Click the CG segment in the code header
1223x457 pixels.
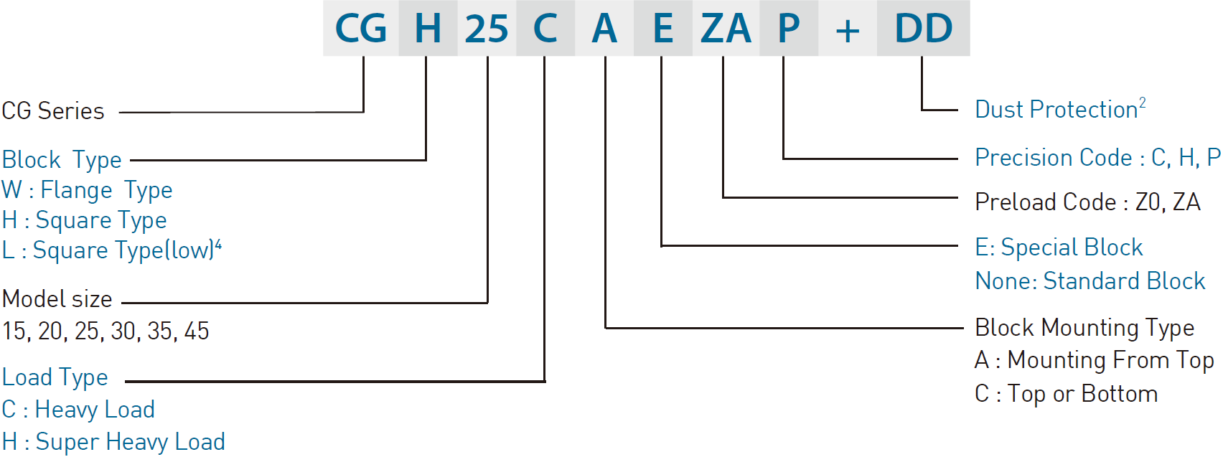pyautogui.click(x=361, y=29)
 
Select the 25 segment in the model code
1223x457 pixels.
pyautogui.click(x=487, y=29)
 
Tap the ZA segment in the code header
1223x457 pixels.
pyautogui.click(x=726, y=29)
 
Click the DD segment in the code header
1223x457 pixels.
pyautogui.click(x=924, y=29)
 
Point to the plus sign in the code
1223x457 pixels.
pyautogui.click(x=848, y=31)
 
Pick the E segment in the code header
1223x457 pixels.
pyautogui.click(x=663, y=29)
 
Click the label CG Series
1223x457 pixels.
pyautogui.click(x=52, y=110)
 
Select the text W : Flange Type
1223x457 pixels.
pyautogui.click(x=87, y=191)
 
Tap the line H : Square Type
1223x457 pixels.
pyautogui.click(x=84, y=220)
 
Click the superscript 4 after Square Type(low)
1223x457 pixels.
pyautogui.click(x=218, y=245)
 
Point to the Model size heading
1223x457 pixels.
pyautogui.click(x=57, y=299)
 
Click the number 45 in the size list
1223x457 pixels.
pyautogui.click(x=197, y=331)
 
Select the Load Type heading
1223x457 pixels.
pyautogui.click(x=55, y=377)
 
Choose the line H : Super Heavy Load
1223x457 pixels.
pyautogui.click(x=113, y=442)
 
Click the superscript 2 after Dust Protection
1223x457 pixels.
pyautogui.click(x=1142, y=103)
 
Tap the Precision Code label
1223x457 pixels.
pyautogui.click(x=1053, y=158)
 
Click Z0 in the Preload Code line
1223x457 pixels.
pyautogui.click(x=1147, y=202)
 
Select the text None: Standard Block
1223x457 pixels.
pyautogui.click(x=1090, y=281)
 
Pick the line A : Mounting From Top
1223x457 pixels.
pyautogui.click(x=1094, y=360)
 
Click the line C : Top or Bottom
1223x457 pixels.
pyautogui.click(x=1067, y=394)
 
